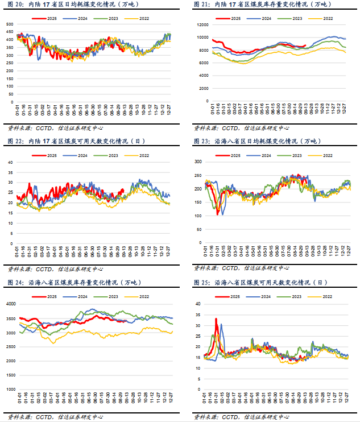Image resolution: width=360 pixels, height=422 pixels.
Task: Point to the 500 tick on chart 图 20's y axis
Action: click(10, 24)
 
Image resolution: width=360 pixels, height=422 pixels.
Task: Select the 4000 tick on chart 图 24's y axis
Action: click(10, 304)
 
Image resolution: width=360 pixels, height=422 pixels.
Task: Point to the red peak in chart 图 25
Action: click(216, 319)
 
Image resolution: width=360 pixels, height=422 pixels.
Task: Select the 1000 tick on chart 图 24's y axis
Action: click(10, 390)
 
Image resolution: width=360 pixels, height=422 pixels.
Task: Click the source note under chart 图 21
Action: click(241, 127)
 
